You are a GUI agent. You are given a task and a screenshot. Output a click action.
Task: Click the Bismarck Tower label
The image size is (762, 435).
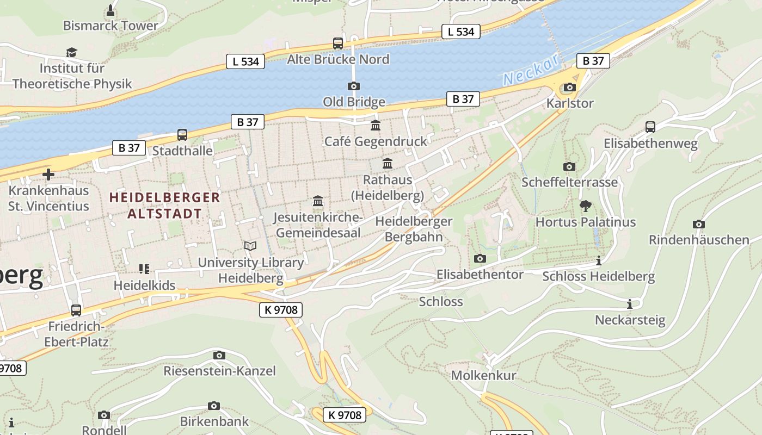pos(110,26)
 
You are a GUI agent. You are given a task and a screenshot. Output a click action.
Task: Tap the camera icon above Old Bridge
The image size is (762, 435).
pos(354,86)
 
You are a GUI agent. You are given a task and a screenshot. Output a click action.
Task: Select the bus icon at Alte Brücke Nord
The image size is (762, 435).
pos(338,43)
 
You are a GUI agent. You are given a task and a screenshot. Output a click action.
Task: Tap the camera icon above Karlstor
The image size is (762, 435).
pos(570,87)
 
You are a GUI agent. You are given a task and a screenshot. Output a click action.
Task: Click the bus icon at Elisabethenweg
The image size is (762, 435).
pos(650,127)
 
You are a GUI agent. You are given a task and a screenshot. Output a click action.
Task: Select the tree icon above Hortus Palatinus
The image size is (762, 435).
pos(586,206)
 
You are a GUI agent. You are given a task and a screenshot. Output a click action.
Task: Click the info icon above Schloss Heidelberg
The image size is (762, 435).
pos(599,261)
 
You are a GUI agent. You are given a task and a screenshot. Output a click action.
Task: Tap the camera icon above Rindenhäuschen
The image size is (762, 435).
pos(699,224)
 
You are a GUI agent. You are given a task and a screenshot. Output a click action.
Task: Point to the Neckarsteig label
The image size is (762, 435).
pos(630,320)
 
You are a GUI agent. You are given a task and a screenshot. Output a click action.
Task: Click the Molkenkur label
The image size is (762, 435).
pos(483,375)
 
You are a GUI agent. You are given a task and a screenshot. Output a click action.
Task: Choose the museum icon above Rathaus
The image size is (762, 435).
pos(388,163)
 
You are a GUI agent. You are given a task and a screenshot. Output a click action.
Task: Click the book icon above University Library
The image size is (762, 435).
pos(250,246)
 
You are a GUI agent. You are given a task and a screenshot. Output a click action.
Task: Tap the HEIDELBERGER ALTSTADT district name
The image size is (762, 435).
pos(165,205)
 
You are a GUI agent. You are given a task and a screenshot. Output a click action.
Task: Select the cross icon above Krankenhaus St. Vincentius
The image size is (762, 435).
pos(48,175)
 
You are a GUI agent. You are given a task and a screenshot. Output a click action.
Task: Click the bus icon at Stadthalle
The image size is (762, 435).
pos(182,134)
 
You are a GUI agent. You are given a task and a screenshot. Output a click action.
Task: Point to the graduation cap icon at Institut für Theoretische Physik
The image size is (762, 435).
pos(71,52)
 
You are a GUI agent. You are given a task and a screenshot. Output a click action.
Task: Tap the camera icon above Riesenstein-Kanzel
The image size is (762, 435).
pos(219,355)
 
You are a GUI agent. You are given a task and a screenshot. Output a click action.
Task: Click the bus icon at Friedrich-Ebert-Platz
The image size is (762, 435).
pos(76,310)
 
